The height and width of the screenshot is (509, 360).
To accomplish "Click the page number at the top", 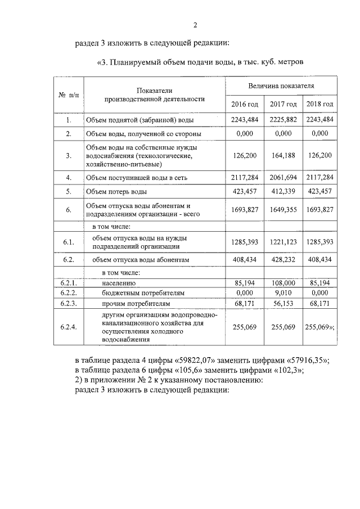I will [195, 25].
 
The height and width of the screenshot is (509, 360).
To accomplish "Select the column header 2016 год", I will [245, 105].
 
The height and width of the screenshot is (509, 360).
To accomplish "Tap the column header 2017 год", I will [283, 105].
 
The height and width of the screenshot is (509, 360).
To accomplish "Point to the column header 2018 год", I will [319, 105].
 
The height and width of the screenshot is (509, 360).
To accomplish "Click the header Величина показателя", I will [281, 86].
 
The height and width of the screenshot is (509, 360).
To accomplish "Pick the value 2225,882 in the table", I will [283, 120].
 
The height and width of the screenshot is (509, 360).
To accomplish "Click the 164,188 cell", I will [283, 156].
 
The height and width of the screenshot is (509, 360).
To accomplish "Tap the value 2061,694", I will [283, 178].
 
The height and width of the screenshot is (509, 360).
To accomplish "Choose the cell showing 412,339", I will [283, 191].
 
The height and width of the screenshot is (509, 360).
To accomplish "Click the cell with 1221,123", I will [283, 242].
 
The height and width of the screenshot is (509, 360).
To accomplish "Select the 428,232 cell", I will [283, 260].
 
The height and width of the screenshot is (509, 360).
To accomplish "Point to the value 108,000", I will [283, 283].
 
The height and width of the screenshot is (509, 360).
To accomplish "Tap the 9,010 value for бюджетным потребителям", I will [283, 293].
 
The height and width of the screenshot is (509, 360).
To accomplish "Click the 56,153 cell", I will [283, 303].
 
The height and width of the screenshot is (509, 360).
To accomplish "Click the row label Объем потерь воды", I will [112, 192].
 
